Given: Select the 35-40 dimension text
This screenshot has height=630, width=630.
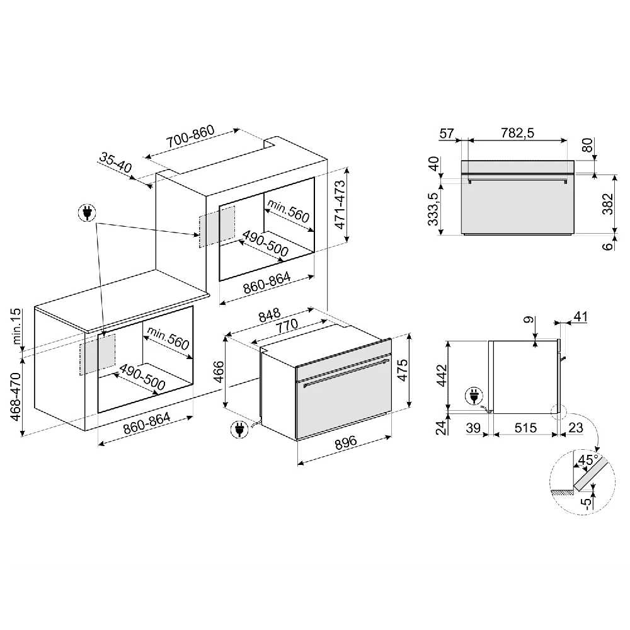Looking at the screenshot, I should tap(115, 163).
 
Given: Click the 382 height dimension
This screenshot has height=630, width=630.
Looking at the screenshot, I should tap(607, 204).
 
